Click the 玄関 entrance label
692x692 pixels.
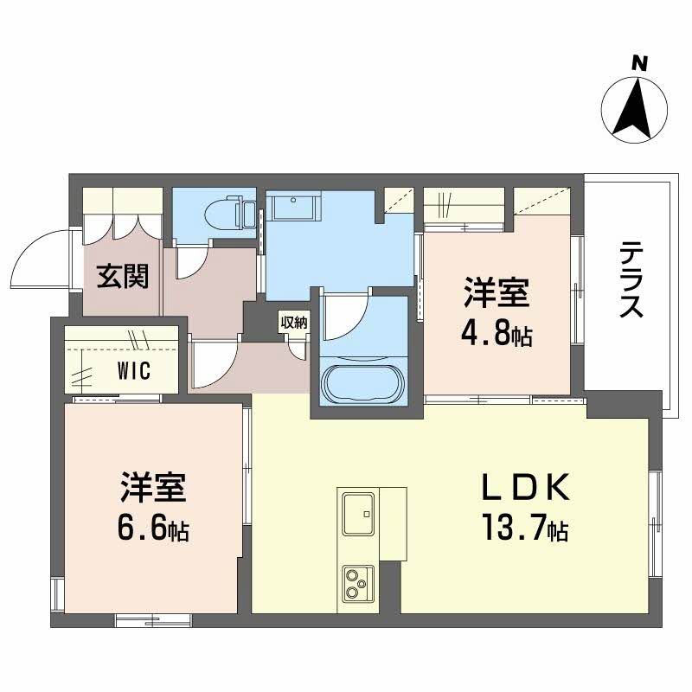[123, 276]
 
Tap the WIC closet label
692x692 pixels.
[134, 370]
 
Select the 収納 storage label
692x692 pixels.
[294, 323]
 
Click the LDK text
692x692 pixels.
[525, 487]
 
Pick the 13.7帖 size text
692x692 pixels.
[525, 527]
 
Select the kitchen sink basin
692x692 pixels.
[358, 513]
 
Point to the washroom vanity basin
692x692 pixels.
[293, 208]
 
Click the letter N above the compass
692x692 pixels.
[639, 64]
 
